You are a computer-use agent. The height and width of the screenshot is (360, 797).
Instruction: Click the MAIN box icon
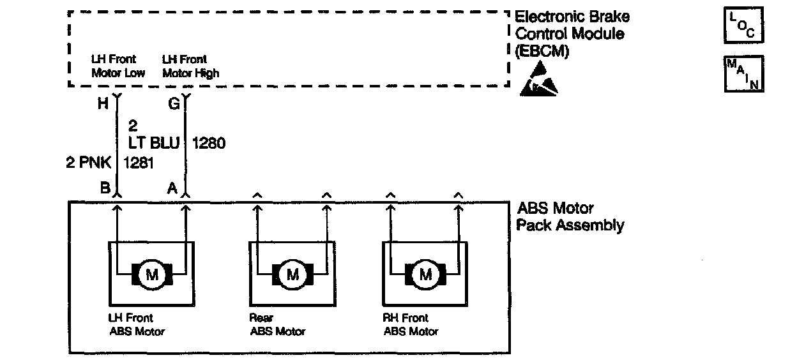744,73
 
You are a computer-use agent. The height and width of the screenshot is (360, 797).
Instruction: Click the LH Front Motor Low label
118,66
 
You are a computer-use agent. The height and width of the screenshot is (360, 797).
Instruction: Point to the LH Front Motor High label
190,66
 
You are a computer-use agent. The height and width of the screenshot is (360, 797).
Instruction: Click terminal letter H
103,105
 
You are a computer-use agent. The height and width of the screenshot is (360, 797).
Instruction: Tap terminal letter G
173,105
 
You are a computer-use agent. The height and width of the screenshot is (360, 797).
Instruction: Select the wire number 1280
208,144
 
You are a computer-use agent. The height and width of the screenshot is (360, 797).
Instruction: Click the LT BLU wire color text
153,144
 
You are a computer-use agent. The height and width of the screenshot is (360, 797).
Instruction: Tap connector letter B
103,188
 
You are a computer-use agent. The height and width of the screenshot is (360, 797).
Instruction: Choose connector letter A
172,188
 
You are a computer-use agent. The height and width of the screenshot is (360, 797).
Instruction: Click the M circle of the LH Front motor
152,275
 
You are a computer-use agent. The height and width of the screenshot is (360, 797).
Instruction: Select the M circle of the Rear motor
292,275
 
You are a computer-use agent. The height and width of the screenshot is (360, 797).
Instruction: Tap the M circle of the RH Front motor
425,275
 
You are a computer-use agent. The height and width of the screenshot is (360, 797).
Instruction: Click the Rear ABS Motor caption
277,324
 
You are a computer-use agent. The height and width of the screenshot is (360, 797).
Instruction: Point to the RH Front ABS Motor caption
411,324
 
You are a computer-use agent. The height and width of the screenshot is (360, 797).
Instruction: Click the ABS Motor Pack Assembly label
570,216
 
